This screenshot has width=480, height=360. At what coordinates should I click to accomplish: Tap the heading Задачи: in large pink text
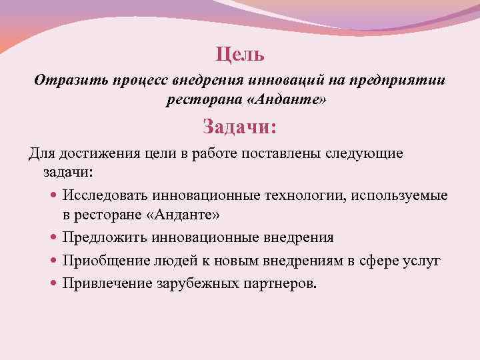pyautogui.click(x=240, y=125)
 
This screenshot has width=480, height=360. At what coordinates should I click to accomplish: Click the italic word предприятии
pyautogui.click(x=403, y=81)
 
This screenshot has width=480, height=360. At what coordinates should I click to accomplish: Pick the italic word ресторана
pyautogui.click(x=197, y=99)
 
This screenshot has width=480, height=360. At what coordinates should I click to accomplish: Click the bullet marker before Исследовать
pyautogui.click(x=54, y=197)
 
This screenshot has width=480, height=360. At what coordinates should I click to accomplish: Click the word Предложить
pyautogui.click(x=105, y=238)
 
